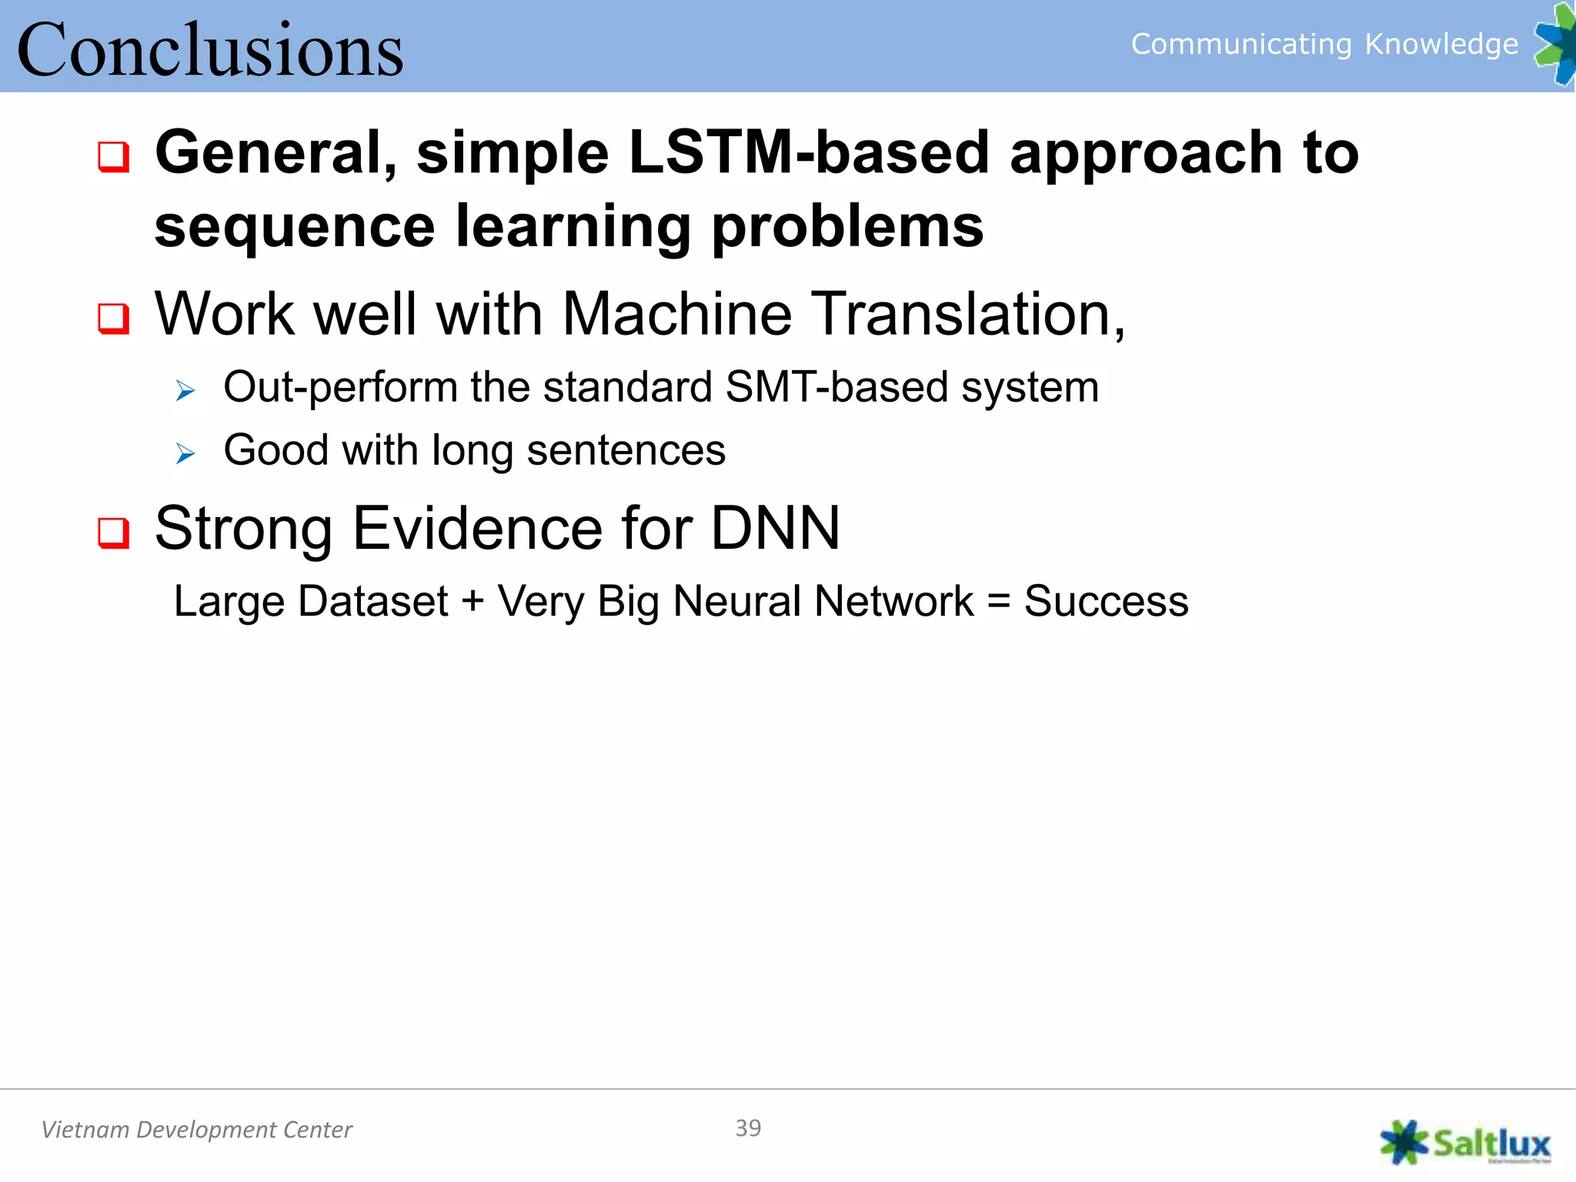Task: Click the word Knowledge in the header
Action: (1441, 44)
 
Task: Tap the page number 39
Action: (748, 1128)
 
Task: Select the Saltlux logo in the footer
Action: (1465, 1143)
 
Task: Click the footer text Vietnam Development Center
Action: (196, 1130)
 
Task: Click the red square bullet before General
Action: (113, 157)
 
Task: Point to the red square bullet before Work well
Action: (113, 318)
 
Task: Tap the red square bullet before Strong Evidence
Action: (113, 533)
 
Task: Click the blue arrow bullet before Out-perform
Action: (185, 391)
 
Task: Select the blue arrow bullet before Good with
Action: (185, 454)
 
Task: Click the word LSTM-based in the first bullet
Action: (808, 152)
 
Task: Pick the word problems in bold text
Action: (846, 228)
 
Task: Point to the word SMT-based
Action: (836, 386)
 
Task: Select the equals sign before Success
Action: (998, 602)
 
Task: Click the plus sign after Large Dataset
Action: (472, 602)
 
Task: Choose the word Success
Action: (1106, 602)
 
